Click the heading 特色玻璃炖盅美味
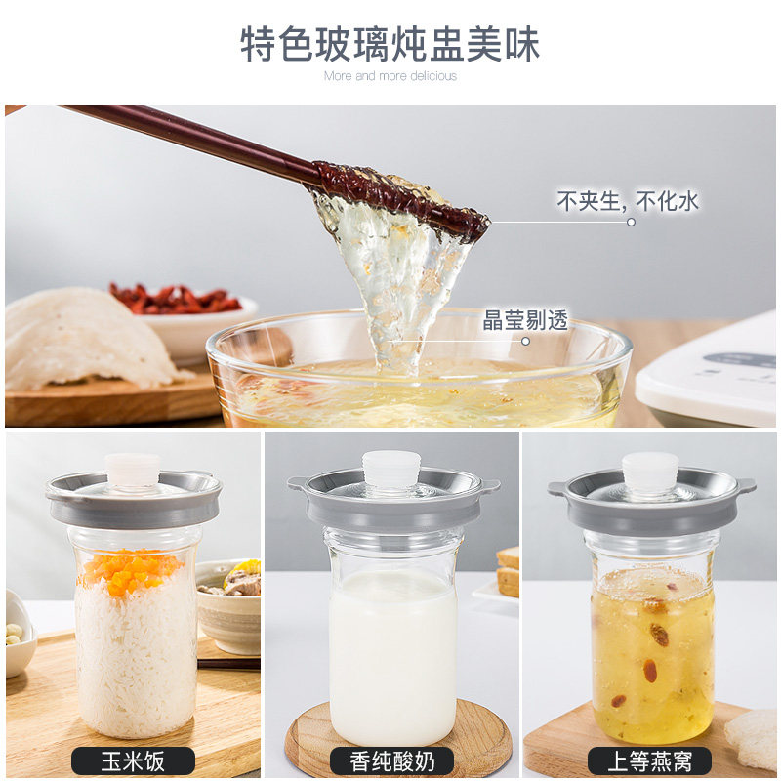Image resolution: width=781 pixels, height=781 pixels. (390, 44)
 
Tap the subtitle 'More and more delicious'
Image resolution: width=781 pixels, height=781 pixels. (390, 76)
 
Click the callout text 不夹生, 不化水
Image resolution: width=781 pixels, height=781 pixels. (628, 201)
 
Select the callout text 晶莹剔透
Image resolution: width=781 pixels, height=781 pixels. (525, 320)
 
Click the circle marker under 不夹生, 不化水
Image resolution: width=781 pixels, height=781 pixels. (631, 223)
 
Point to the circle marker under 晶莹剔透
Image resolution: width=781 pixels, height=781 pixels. (525, 341)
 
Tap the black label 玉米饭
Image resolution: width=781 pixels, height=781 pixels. (133, 761)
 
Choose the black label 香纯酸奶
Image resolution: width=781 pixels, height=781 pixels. (392, 761)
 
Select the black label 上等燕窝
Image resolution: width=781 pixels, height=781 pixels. (649, 761)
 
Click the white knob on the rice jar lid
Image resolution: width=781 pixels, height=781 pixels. (133, 470)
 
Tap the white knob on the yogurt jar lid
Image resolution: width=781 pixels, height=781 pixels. (391, 469)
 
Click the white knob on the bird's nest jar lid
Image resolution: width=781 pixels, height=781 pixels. (650, 470)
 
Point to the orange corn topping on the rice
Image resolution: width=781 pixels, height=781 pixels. (131, 571)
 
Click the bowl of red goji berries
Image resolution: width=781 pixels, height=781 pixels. (185, 313)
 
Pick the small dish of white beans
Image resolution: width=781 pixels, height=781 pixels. (19, 634)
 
